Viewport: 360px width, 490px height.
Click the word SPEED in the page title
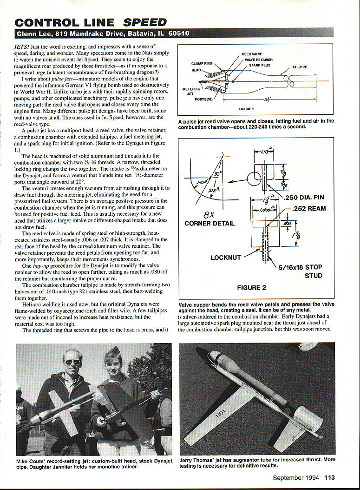(144, 22)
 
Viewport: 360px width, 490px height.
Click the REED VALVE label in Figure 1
(252, 54)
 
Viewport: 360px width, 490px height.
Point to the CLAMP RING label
(202, 63)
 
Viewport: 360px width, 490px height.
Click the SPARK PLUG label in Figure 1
(260, 65)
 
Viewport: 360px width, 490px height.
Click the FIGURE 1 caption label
(246, 109)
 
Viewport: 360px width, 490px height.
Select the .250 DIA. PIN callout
(305, 198)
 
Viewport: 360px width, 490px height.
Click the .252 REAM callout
(308, 209)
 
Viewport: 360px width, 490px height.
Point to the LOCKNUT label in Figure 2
(226, 257)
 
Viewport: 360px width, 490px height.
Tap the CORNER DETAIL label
(209, 223)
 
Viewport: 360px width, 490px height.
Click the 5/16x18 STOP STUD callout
(300, 271)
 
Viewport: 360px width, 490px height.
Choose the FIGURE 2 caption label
(251, 288)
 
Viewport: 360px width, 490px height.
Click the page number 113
(329, 477)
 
